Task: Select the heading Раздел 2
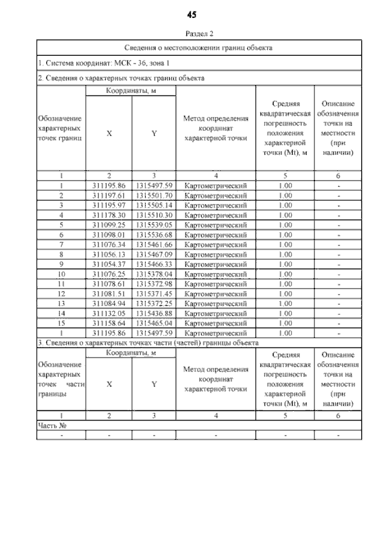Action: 192,34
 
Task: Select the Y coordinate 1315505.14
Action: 154,205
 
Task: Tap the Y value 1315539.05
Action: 154,224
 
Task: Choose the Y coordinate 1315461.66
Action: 154,243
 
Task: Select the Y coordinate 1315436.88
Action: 154,313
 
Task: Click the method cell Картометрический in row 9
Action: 215,263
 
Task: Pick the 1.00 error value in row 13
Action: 285,303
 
